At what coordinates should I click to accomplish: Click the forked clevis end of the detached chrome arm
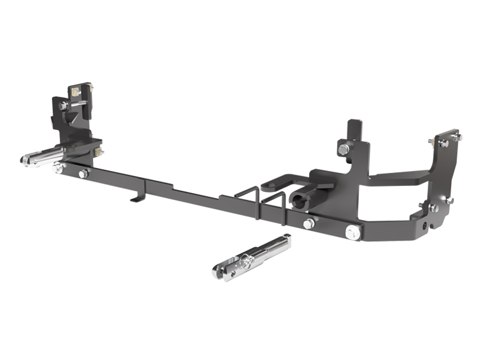coord(221,272)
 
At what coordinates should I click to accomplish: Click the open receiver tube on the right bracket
coord(298,199)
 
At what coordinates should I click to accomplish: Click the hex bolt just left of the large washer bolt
coord(308,224)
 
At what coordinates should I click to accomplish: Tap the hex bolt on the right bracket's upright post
coord(343,148)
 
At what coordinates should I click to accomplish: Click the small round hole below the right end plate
coord(425,226)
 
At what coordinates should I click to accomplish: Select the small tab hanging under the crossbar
coord(137,197)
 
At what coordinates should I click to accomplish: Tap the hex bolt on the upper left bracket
coord(63,106)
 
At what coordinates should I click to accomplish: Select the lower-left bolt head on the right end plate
coord(433,208)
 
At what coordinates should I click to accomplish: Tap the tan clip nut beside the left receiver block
coord(96,152)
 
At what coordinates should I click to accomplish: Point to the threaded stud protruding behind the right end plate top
coord(431,142)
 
